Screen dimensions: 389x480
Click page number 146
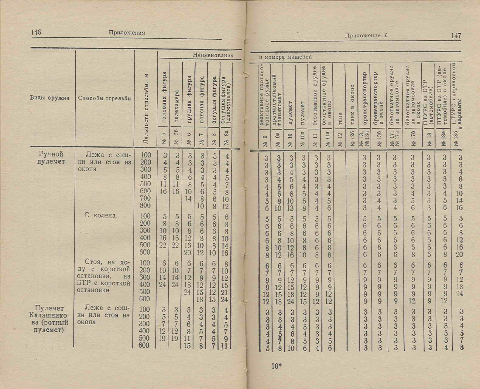coord(36,32)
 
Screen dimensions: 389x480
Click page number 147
coord(456,36)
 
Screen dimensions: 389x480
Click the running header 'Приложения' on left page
coord(127,32)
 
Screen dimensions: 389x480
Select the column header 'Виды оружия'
coord(50,98)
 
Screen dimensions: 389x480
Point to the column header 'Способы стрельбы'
coord(105,98)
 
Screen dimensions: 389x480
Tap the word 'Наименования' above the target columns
coord(213,55)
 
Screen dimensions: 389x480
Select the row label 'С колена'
coord(100,215)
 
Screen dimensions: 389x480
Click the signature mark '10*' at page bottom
coord(277,366)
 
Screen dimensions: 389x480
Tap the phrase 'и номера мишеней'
coord(285,57)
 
